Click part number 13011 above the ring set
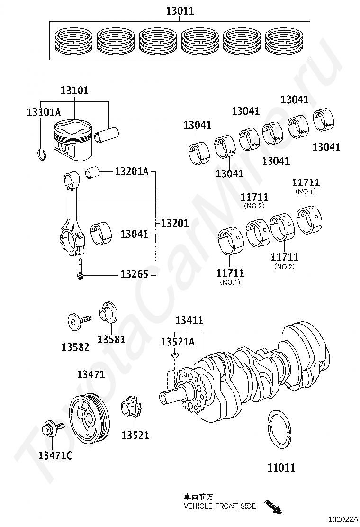click(x=180, y=11)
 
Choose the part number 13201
click(x=175, y=223)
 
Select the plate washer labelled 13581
click(x=108, y=315)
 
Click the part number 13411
click(x=189, y=321)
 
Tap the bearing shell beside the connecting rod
click(x=101, y=233)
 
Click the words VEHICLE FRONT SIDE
click(x=220, y=506)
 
